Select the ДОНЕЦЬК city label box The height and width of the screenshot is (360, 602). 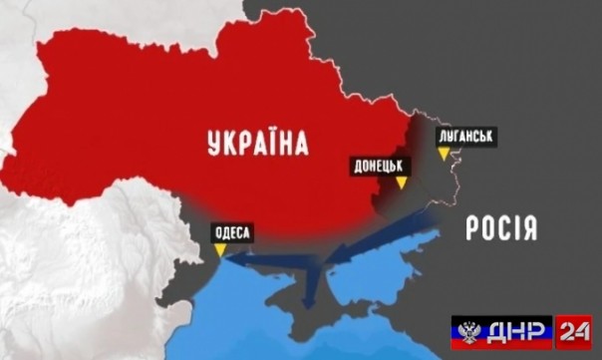coord(377,167)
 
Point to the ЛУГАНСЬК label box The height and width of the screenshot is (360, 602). coord(465,135)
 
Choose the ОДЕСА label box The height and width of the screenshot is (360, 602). coord(231,234)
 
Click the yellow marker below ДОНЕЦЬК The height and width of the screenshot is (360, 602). coord(400,184)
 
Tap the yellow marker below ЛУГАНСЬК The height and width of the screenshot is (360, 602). coord(444,153)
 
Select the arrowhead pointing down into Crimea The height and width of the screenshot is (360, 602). coord(310,299)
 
